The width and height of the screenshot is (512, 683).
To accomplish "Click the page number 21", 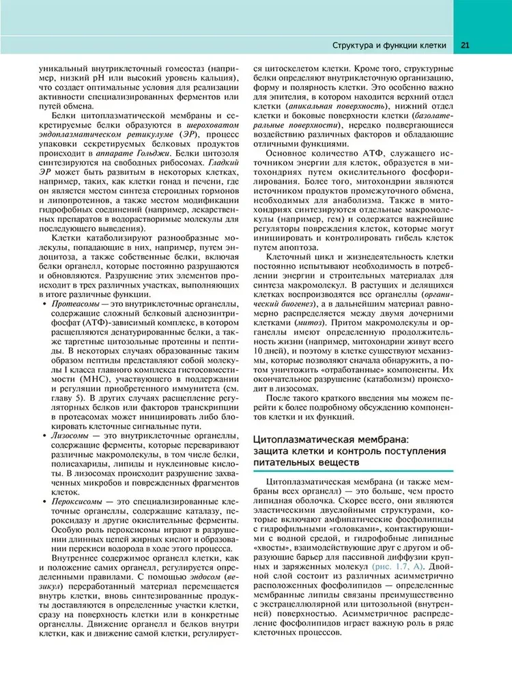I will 464,46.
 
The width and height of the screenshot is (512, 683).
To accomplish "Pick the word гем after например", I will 341,214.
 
